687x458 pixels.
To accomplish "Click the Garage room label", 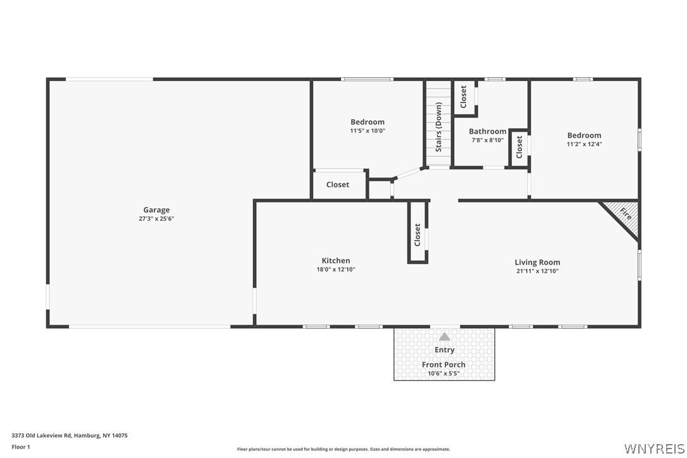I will (156, 210).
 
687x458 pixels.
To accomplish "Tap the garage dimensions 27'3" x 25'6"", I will (156, 219).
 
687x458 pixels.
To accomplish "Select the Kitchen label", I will (335, 261).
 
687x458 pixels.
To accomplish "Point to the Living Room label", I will (537, 263).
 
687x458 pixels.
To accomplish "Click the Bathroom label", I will (487, 132).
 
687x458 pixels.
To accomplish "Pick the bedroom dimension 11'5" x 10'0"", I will (368, 131).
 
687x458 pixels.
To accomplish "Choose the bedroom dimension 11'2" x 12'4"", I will (584, 144).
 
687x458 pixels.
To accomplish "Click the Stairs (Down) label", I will (438, 127).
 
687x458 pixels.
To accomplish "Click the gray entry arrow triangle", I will (445, 337).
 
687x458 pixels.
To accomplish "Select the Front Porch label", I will (443, 364).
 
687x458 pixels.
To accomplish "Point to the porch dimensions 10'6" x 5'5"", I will (443, 373).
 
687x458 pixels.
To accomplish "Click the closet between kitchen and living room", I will (418, 234).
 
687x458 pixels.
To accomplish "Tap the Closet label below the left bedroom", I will (337, 185).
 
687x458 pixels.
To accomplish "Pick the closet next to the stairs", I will (463, 97).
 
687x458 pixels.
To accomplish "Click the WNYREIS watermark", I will (653, 448).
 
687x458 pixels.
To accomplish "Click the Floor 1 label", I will (21, 447).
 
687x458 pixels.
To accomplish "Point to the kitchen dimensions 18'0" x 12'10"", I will (335, 269).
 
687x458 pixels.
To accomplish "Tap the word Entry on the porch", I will (444, 350).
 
